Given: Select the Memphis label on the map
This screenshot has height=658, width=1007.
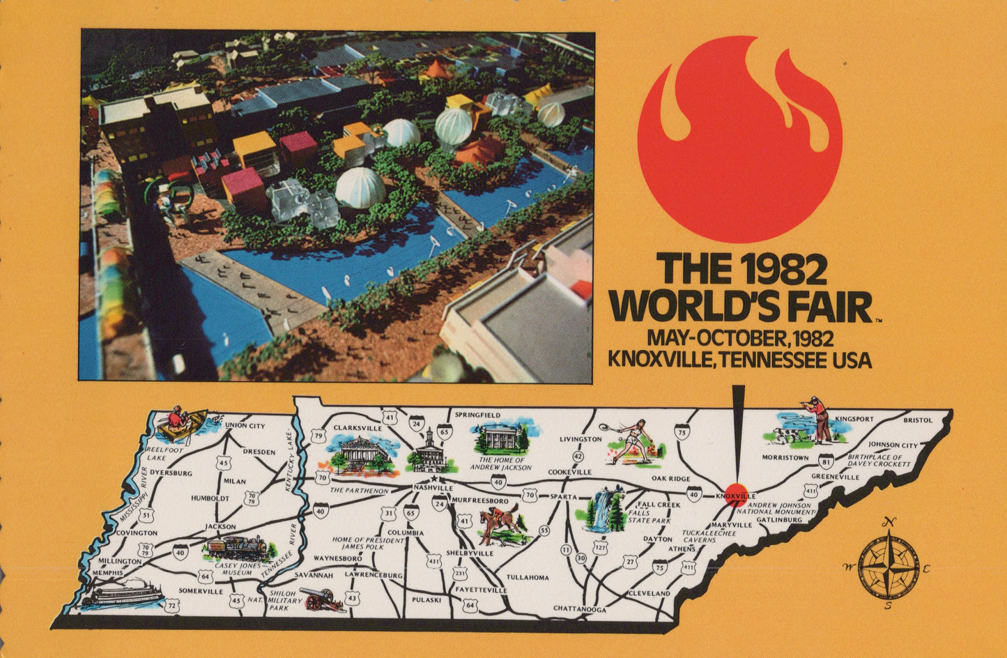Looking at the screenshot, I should coord(107,573).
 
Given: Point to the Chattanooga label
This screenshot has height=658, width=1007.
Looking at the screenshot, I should coord(579,609).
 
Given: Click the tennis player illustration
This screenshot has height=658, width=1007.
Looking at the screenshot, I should coord(631,441).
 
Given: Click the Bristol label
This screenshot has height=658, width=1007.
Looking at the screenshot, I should coord(917,420).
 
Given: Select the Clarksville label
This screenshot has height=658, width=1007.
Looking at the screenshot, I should coord(358,427).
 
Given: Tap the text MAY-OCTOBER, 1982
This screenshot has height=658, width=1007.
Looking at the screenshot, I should coord(740,339).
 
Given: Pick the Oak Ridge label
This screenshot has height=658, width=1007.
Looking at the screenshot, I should coord(670,479).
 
